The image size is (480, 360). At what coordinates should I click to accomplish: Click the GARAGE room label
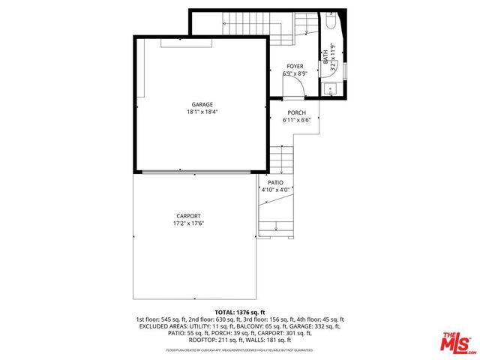[202, 104]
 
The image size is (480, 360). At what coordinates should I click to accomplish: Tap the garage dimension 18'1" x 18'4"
[202, 112]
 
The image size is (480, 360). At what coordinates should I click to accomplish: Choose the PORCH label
[296, 112]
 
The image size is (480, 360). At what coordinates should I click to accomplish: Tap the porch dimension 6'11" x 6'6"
[296, 120]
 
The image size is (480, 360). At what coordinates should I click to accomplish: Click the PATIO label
[275, 182]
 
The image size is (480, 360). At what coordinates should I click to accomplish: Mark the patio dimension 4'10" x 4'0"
[275, 190]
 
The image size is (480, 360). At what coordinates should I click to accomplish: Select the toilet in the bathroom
[331, 22]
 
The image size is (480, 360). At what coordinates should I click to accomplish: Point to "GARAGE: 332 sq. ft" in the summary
[313, 326]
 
